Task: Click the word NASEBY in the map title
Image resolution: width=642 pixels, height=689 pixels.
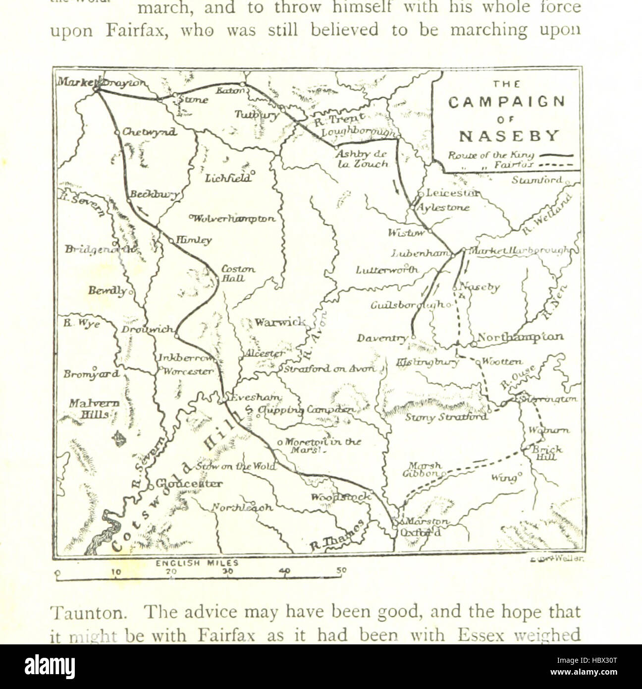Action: pos(509,135)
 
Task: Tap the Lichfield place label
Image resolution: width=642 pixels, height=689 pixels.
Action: pos(228,178)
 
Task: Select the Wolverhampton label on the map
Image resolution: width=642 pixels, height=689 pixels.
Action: pos(233,218)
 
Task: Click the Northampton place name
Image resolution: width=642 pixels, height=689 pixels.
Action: pos(520,337)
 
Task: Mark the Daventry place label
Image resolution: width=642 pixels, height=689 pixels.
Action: pos(382,339)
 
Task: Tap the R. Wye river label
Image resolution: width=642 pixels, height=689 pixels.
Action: pos(81,324)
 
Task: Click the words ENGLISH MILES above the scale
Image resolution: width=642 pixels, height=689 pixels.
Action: pos(197,563)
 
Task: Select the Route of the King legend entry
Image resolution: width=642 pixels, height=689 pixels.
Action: pos(510,156)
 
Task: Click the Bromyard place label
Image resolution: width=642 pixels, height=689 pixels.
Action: pos(91,374)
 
